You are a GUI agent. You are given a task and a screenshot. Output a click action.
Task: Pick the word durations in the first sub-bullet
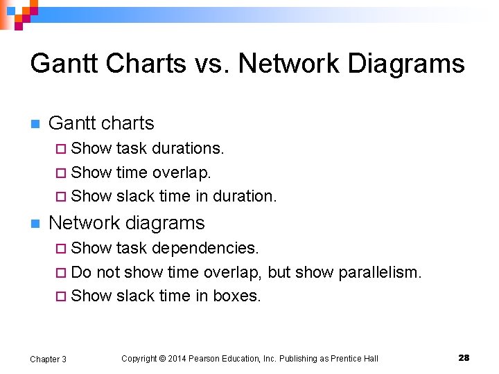point(187,148)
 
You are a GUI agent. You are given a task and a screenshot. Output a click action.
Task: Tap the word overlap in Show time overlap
point(182,172)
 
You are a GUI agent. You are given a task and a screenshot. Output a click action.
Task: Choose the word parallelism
point(380,272)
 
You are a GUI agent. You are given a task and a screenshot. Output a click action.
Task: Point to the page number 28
point(464,358)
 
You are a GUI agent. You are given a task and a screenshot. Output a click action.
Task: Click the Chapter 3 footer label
point(48,359)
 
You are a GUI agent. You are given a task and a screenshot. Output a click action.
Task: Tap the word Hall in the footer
point(371,359)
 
